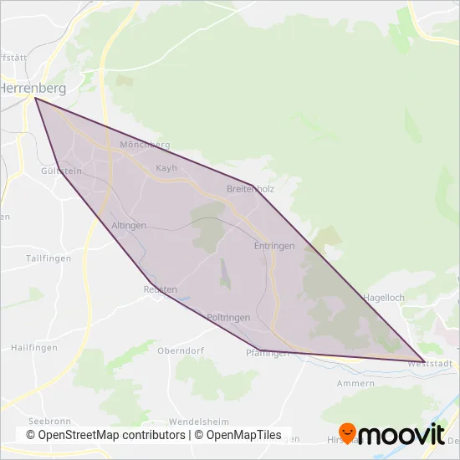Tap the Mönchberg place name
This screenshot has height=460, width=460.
pyautogui.click(x=145, y=145)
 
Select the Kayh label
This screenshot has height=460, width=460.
pyautogui.click(x=167, y=168)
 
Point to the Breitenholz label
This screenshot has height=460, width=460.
pyautogui.click(x=250, y=189)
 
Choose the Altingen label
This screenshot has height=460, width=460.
pyautogui.click(x=129, y=226)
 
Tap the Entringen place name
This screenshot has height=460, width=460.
pyautogui.click(x=274, y=246)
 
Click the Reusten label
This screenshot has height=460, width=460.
pyautogui.click(x=160, y=289)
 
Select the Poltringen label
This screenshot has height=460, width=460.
pyautogui.click(x=228, y=318)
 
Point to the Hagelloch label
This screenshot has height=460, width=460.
pyautogui.click(x=383, y=297)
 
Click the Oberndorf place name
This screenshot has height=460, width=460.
pyautogui.click(x=181, y=350)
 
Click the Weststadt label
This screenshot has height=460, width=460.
pyautogui.click(x=429, y=364)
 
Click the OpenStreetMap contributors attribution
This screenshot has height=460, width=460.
pyautogui.click(x=105, y=435)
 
